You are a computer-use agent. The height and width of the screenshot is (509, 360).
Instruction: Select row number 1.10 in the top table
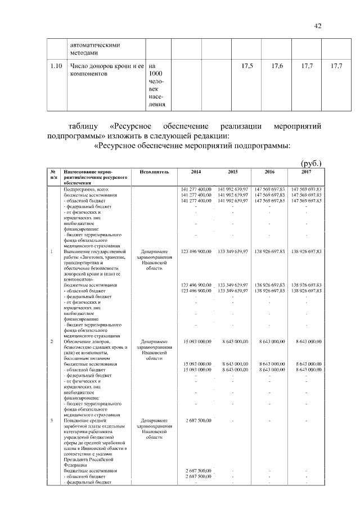56,66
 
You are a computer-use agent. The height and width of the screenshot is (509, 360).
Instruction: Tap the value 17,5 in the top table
247,66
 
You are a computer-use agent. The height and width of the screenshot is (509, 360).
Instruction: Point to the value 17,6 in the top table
277,66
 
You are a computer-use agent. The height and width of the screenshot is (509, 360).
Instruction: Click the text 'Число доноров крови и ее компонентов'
106,70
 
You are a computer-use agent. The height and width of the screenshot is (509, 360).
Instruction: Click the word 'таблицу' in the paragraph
82,125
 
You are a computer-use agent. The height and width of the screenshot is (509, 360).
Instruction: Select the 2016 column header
269,172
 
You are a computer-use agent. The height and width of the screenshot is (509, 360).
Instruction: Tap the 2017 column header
306,172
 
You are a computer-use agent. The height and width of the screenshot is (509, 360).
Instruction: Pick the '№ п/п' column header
52,174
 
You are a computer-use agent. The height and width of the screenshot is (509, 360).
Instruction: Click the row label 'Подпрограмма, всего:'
86,189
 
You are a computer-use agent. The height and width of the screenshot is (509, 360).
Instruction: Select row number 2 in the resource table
52,341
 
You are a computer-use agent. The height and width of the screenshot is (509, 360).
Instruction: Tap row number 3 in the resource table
52,420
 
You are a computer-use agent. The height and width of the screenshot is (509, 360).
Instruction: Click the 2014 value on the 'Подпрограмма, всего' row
196,189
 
